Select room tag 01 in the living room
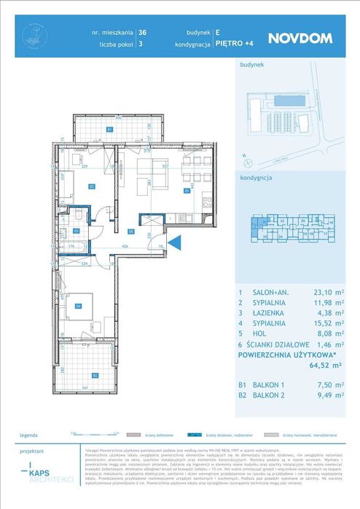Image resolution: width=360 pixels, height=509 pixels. coord(187,192)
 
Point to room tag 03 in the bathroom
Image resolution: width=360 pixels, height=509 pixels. coord(76,231)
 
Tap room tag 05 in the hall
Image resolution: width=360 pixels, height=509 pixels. coord(131,232)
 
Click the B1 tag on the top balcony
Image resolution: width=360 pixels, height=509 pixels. coord(109,129)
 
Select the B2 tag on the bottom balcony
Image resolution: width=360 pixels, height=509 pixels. coord(94,376)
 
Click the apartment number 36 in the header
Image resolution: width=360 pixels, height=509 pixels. coord(142,33)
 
